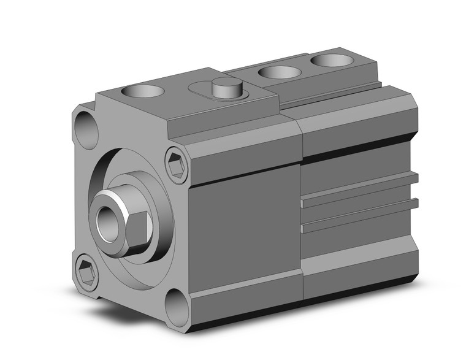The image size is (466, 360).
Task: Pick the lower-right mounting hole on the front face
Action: (177, 304)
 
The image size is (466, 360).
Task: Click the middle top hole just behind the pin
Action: (279, 72)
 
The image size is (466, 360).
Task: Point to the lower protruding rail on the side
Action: (362, 212)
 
